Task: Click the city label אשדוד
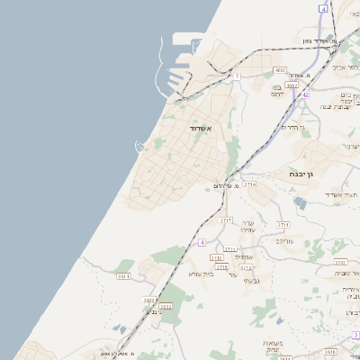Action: click(x=200, y=129)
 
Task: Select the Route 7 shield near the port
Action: click(x=237, y=77)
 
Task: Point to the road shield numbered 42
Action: click(x=305, y=94)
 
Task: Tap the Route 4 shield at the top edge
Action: click(x=322, y=7)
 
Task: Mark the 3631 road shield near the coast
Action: click(x=123, y=276)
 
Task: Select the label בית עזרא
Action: click(x=200, y=273)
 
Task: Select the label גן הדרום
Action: click(x=294, y=127)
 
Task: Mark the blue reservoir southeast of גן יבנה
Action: click(x=300, y=204)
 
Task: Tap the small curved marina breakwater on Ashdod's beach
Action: click(x=140, y=146)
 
